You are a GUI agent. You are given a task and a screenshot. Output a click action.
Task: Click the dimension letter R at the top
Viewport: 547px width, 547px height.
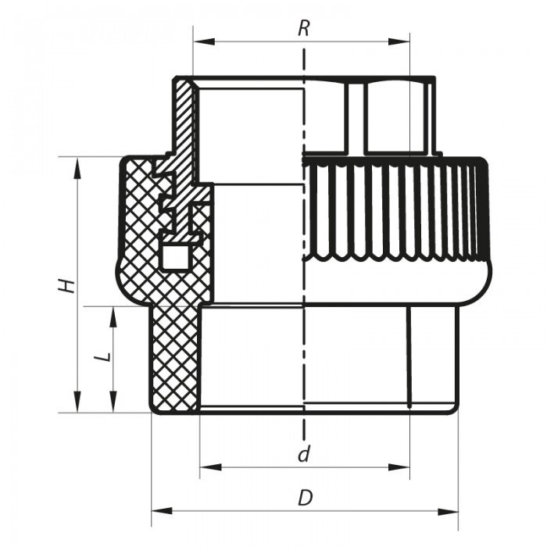coord(304,29)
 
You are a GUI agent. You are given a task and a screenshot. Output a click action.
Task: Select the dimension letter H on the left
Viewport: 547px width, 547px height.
coord(70,284)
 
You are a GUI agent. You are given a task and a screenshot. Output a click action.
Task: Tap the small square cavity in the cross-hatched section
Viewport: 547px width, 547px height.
coord(173,255)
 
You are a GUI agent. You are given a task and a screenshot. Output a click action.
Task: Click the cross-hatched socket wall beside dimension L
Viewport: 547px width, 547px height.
coord(173,359)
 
